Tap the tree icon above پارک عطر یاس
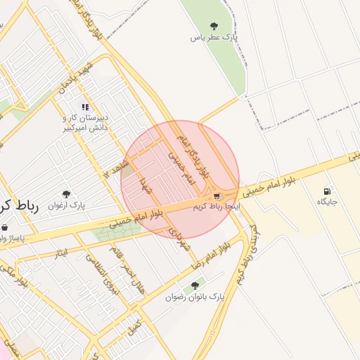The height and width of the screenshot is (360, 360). point(214,26)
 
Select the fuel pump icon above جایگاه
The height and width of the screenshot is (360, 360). point(327,191)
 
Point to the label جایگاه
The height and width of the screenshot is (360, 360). point(327,202)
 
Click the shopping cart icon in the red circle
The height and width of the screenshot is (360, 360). point(217,195)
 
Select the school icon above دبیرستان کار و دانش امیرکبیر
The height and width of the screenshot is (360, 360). point(85,108)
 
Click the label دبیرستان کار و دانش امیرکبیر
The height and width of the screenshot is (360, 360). point(84,124)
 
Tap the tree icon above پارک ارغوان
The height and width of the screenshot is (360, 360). point(67,194)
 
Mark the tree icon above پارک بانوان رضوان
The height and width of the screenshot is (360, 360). point(195,285)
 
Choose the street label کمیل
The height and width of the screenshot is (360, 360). point(134,326)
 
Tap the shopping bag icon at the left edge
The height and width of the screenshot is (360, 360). point(6,227)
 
